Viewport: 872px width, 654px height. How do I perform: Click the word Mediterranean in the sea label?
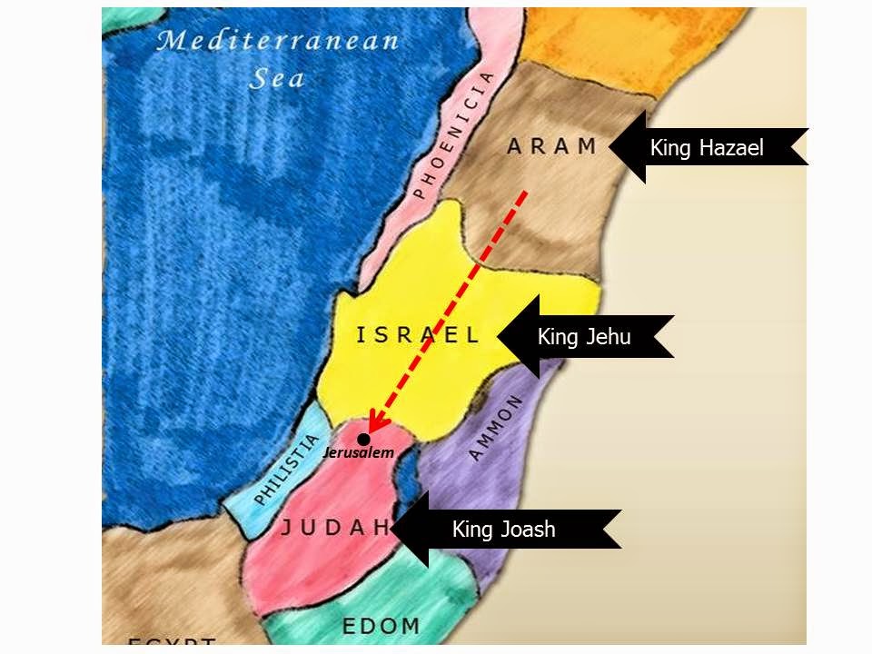point(278,40)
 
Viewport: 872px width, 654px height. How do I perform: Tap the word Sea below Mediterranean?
point(277,79)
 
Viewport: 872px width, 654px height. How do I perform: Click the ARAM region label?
point(551,146)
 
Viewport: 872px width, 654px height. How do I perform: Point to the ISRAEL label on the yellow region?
point(417,335)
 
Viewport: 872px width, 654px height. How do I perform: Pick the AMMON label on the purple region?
point(497,427)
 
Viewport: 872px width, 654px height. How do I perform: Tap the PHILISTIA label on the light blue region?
point(287,470)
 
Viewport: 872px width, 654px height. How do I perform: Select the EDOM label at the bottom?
point(381,625)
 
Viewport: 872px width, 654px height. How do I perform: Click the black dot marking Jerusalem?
point(363,439)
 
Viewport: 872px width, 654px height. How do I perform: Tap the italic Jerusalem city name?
point(364,454)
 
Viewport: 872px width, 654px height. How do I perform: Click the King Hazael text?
point(706,148)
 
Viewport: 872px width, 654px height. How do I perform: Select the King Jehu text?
point(583,337)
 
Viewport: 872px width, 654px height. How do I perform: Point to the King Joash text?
point(503,530)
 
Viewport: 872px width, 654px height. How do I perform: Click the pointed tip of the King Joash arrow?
point(391,530)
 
